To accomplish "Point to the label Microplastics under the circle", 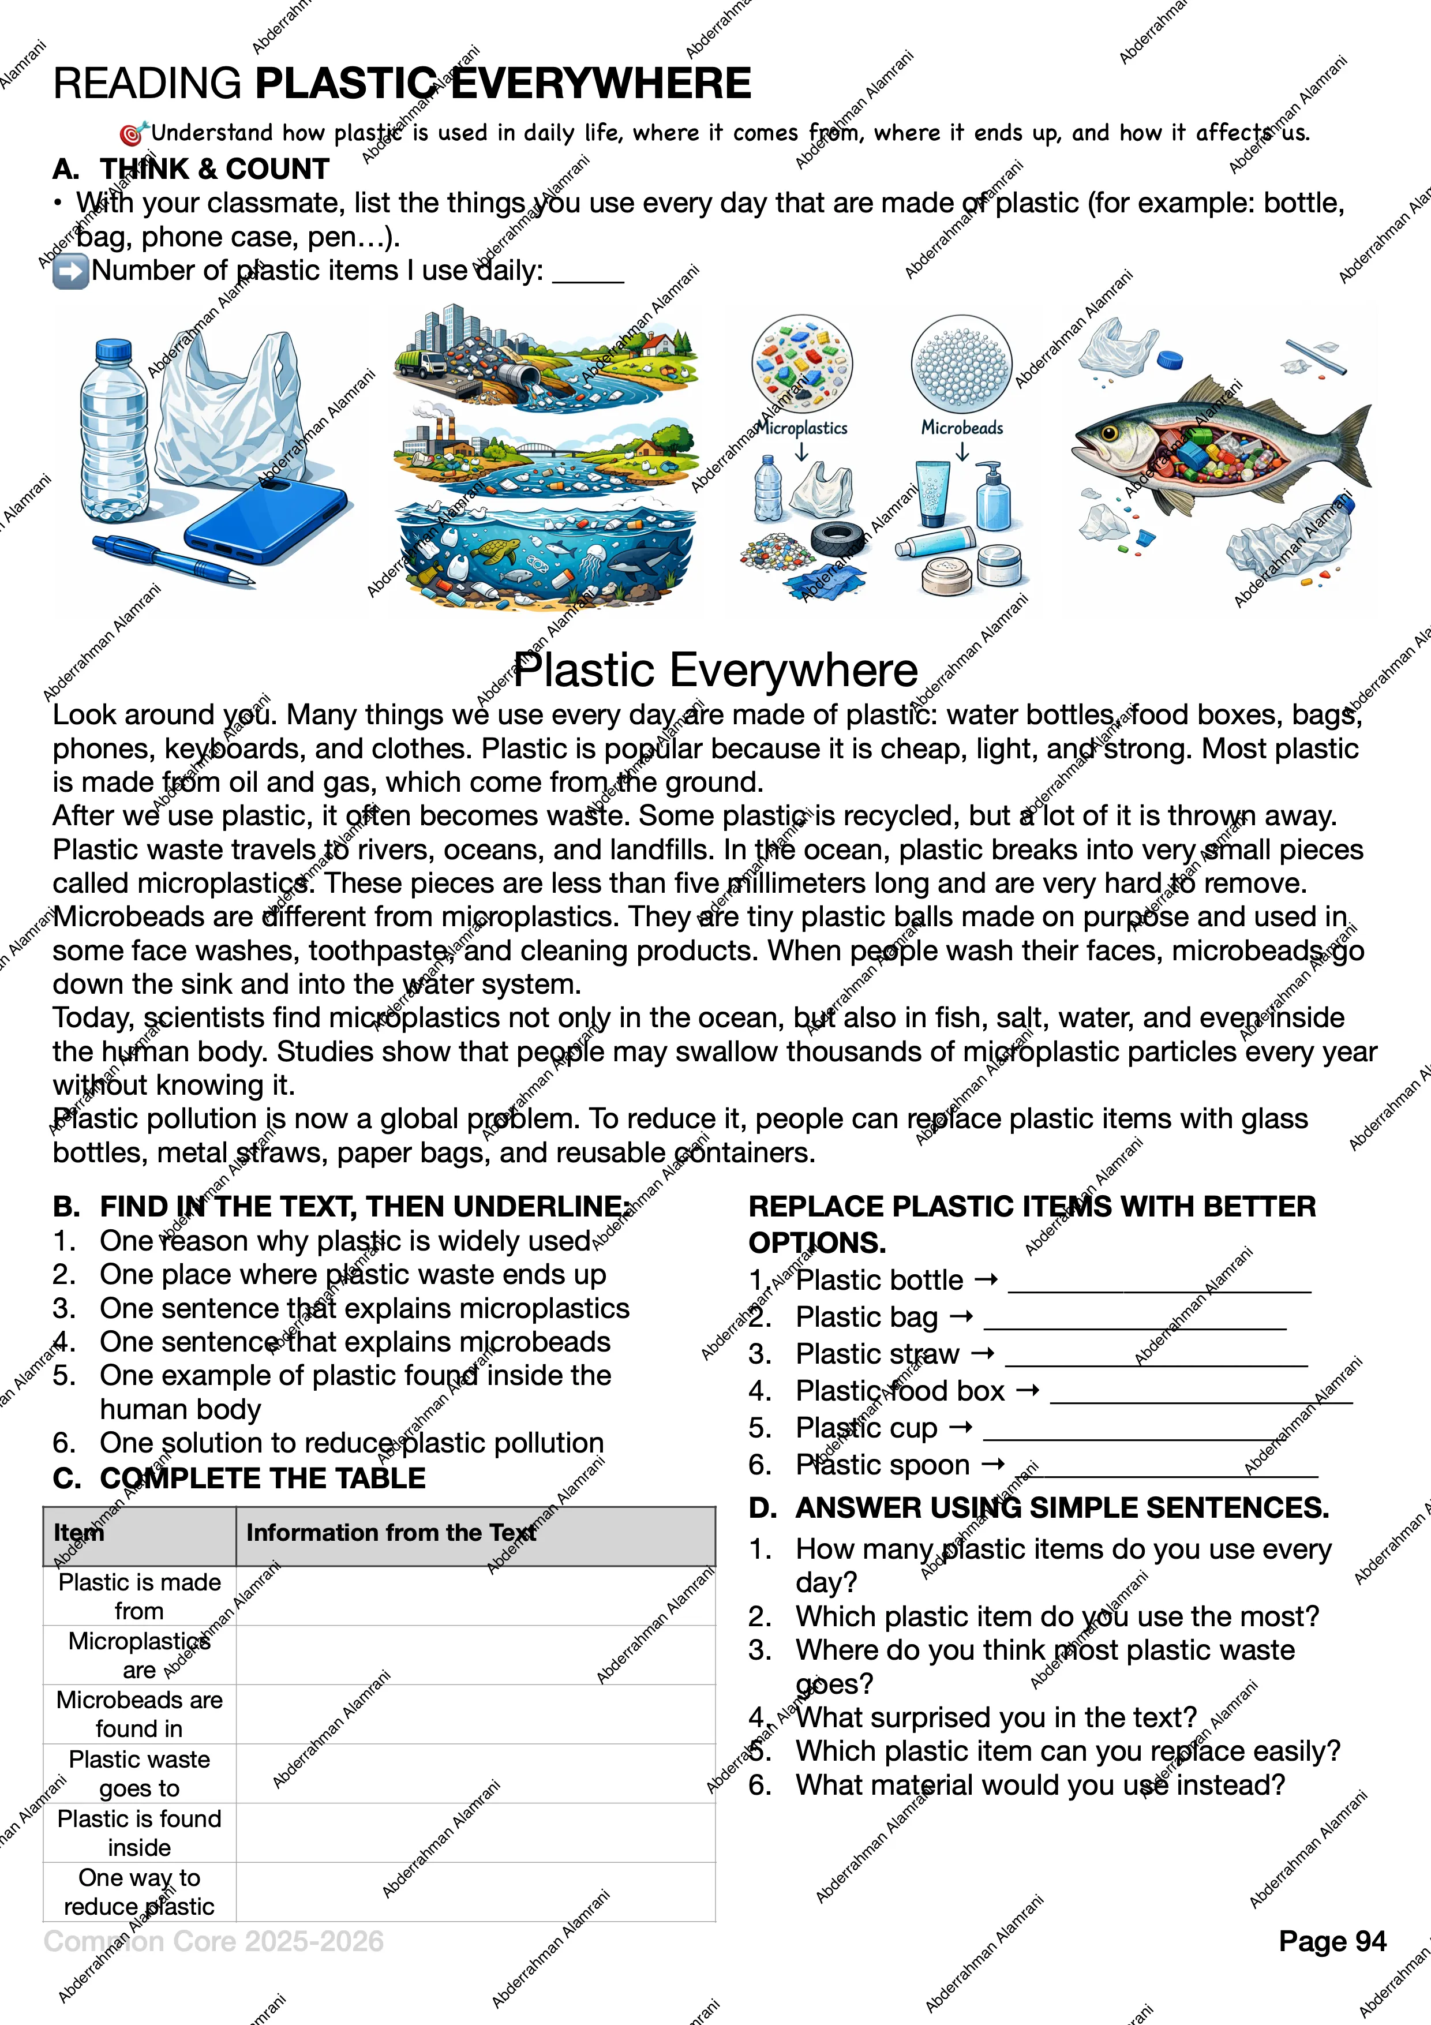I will [803, 428].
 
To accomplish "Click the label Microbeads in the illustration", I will [962, 428].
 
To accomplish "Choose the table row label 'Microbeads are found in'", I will [139, 1714].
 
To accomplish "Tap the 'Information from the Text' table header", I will [391, 1533].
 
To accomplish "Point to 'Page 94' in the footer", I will [1332, 1941].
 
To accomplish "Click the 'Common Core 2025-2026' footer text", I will [213, 1941].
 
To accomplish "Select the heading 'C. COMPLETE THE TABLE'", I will [239, 1478].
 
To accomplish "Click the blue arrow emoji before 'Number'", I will [70, 271].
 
